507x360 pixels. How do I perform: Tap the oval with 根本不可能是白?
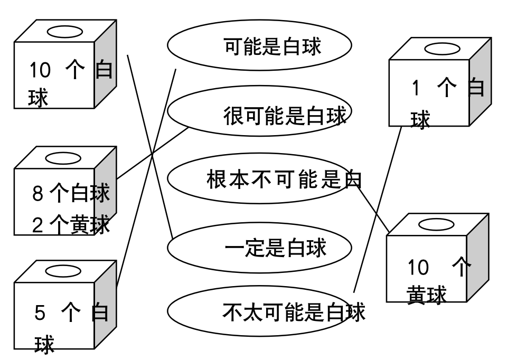pyautogui.click(x=259, y=179)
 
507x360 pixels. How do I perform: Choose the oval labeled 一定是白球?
pyautogui.click(x=259, y=248)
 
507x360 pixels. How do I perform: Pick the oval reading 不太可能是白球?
pyautogui.click(x=259, y=311)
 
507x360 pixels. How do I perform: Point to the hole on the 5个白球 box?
pyautogui.click(x=63, y=271)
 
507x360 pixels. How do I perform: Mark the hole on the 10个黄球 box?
pyautogui.click(x=436, y=225)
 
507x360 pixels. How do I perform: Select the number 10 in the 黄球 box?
pyautogui.click(x=418, y=268)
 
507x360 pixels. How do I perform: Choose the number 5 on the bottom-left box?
pyautogui.click(x=40, y=314)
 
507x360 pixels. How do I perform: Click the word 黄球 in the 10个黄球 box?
pyautogui.click(x=427, y=295)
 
